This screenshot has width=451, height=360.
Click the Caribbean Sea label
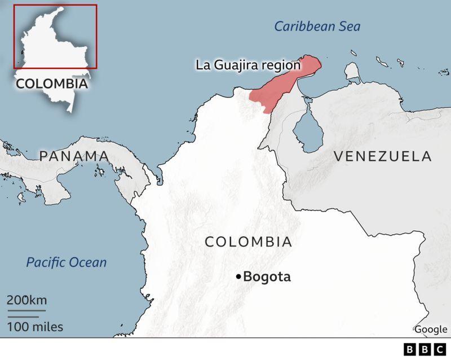pyautogui.click(x=317, y=27)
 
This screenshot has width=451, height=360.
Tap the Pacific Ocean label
pyautogui.click(x=67, y=262)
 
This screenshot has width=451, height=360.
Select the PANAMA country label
pyautogui.click(x=74, y=156)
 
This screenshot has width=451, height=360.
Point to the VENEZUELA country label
pyautogui.click(x=382, y=156)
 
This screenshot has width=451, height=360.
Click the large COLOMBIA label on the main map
pyautogui.click(x=248, y=242)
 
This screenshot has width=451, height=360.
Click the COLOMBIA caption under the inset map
pyautogui.click(x=51, y=84)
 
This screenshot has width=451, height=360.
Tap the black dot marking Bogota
pyautogui.click(x=238, y=276)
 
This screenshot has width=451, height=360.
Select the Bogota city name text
pyautogui.click(x=267, y=277)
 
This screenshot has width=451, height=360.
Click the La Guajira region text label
pyautogui.click(x=248, y=65)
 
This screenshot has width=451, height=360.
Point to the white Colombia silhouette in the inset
pyautogui.click(x=54, y=51)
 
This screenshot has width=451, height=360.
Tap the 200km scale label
pyautogui.click(x=26, y=300)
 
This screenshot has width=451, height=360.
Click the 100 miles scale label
pyautogui.click(x=35, y=327)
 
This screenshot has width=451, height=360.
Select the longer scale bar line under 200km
pyautogui.click(x=26, y=310)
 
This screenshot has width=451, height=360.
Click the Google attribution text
pyautogui.click(x=431, y=330)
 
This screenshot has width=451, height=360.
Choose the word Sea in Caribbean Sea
pyautogui.click(x=349, y=27)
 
